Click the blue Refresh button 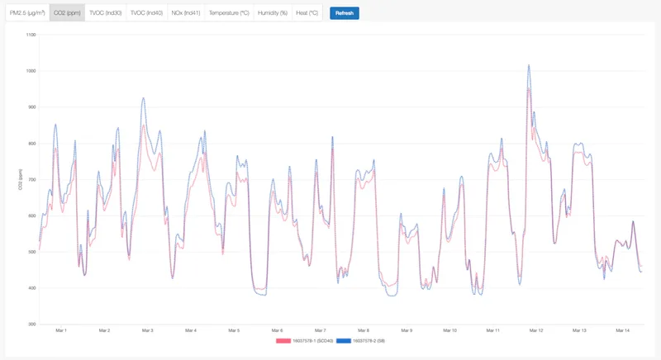[x=344, y=13]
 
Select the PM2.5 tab [x=27, y=13]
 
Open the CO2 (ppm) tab [x=67, y=13]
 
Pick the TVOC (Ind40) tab [x=146, y=13]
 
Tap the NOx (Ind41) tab [x=185, y=13]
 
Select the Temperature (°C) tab [x=229, y=13]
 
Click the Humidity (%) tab [x=273, y=13]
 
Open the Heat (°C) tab [x=307, y=13]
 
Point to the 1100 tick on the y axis [x=31, y=35]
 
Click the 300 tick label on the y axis [x=32, y=324]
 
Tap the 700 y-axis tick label [x=32, y=179]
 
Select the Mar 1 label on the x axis [x=60, y=330]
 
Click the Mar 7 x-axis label [x=320, y=330]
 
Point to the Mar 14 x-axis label [x=622, y=330]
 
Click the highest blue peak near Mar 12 [x=528, y=65]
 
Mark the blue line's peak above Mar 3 [x=143, y=98]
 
